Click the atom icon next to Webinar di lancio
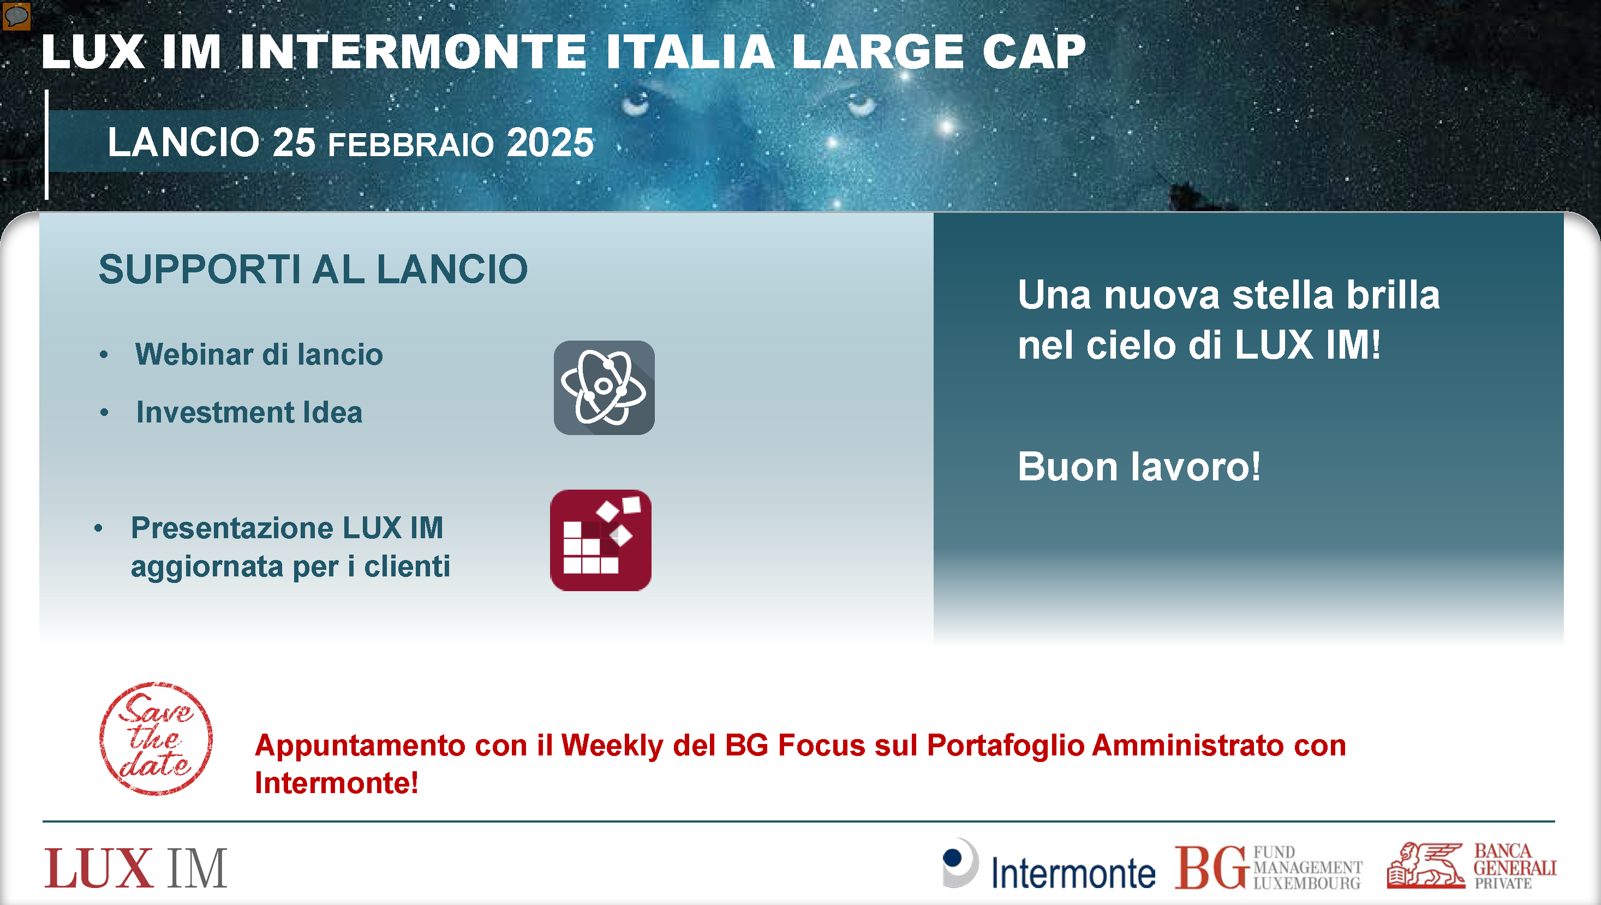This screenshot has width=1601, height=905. coord(604,387)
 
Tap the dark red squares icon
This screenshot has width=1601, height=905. coord(600,540)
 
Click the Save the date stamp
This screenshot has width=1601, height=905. coord(156,739)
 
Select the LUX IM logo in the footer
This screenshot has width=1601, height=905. coord(135,868)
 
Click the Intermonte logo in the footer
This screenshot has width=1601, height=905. coord(1048,865)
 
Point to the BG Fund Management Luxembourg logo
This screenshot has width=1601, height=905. coord(1268,867)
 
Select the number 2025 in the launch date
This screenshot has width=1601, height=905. coord(550,142)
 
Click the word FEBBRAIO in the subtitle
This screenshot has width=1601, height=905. coord(411,145)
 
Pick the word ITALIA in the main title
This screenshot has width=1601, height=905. coord(690,52)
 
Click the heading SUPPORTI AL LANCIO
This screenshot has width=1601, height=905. coord(313,269)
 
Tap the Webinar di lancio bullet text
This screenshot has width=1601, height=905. coord(259,354)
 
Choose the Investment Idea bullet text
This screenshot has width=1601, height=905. coord(249,412)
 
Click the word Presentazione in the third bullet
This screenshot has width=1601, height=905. coord(232,528)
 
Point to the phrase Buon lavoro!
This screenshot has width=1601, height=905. coord(1139,466)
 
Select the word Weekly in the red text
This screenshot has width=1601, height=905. coord(612,745)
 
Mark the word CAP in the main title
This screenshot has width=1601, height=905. coord(1034,52)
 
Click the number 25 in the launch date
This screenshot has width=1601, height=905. coord(294,142)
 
